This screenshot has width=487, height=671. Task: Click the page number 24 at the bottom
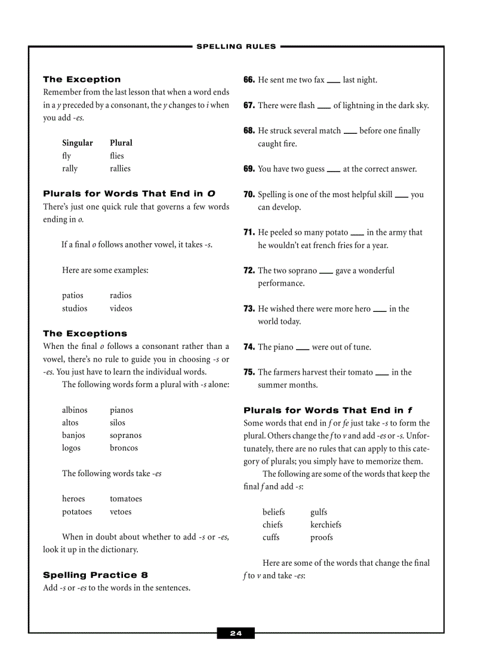236,633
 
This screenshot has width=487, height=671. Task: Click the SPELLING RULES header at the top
236,46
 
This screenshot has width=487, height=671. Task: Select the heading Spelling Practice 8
95,575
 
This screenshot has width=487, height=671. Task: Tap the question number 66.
249,80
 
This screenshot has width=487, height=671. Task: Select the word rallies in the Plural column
120,168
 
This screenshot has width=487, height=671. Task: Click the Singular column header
78,143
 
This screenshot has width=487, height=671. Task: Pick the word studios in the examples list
75,308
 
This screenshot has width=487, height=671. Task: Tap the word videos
121,308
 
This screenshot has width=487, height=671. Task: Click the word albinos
75,410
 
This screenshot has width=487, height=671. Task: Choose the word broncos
124,448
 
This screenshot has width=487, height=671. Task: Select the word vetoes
121,511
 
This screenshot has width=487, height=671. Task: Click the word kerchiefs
326,525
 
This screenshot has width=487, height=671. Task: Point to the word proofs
322,537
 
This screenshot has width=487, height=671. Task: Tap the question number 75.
249,372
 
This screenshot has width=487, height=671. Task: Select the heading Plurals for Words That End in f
328,410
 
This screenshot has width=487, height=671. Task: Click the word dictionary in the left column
119,550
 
